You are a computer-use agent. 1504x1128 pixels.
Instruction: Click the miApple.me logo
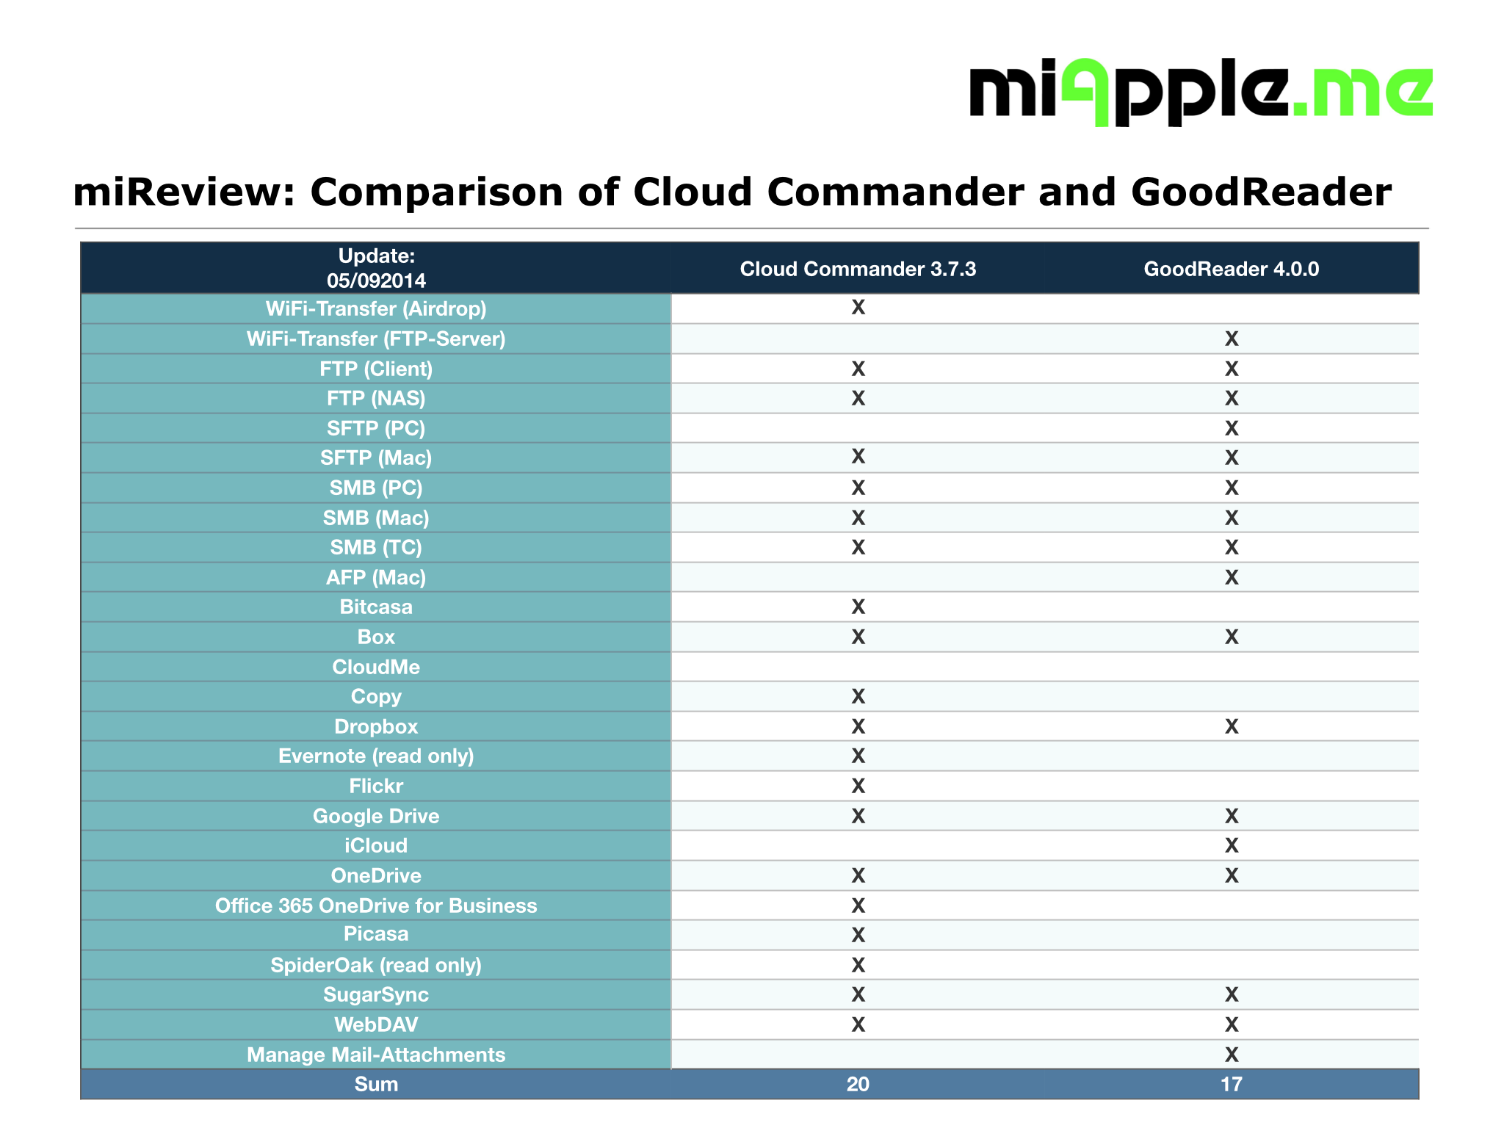click(x=1200, y=93)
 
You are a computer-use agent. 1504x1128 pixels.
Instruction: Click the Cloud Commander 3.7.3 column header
click(x=858, y=269)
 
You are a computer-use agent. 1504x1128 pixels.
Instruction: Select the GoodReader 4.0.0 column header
click(x=1231, y=269)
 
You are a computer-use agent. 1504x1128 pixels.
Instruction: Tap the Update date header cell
click(x=376, y=268)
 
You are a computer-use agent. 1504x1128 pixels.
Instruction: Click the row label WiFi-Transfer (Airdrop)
click(x=376, y=308)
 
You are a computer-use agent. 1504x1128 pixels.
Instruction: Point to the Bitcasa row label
click(x=376, y=607)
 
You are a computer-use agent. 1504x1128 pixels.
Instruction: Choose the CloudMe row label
click(x=376, y=667)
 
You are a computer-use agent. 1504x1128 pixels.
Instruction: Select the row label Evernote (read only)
click(x=376, y=756)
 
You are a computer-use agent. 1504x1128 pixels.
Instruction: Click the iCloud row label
click(x=376, y=845)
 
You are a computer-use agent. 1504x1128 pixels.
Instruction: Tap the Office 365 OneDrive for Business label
click(x=376, y=905)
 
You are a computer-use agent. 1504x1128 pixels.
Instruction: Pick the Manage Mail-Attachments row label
click(x=376, y=1055)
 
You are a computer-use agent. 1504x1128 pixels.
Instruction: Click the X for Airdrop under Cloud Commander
click(x=858, y=308)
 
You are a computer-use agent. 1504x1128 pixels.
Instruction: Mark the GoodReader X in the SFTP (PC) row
click(x=1232, y=428)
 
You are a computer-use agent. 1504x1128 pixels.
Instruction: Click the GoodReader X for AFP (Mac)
click(x=1232, y=577)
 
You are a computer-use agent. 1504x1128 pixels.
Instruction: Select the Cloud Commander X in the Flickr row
click(x=858, y=787)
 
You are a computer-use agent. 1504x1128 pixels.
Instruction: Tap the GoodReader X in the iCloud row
click(x=1232, y=846)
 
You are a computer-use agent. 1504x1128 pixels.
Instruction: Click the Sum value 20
click(x=858, y=1084)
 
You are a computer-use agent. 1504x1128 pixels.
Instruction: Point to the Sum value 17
click(x=1232, y=1084)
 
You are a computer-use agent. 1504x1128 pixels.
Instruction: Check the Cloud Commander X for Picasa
click(x=858, y=935)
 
